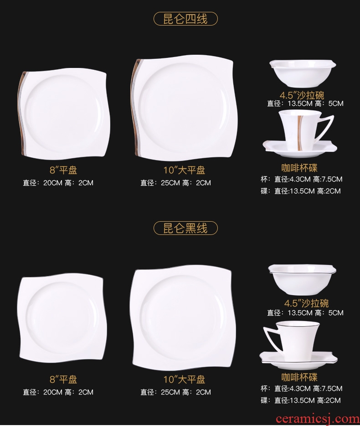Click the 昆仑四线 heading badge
[186, 19]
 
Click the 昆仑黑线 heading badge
[186, 228]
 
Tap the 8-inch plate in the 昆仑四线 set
[64, 115]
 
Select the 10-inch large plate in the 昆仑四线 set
[184, 108]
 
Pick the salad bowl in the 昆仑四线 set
[303, 74]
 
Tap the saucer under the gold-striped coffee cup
[300, 150]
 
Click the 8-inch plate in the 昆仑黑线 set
[62, 318]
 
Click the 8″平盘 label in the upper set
[63, 170]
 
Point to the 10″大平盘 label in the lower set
[184, 379]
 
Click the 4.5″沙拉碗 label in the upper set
[302, 95]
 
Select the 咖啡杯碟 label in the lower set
[299, 377]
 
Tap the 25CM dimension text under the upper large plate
[170, 183]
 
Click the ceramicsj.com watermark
[317, 419]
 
